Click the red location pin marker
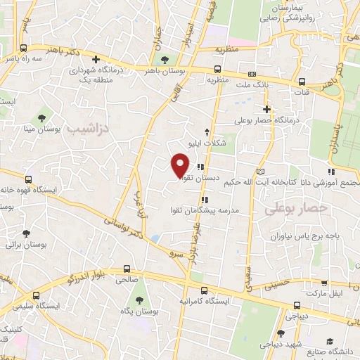(x=180, y=165)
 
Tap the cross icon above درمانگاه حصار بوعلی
(x=266, y=109)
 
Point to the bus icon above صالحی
(x=127, y=268)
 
